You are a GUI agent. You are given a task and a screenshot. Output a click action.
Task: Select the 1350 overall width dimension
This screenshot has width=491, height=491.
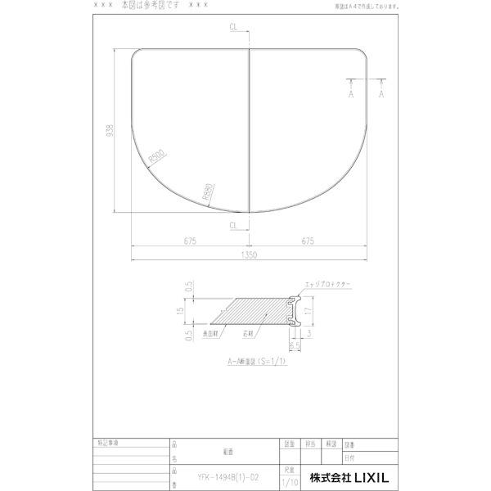(x=250, y=255)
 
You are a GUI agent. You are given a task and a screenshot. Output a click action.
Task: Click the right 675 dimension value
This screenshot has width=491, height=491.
(x=309, y=241)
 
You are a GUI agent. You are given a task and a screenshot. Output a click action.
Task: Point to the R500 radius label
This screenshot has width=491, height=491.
(x=157, y=158)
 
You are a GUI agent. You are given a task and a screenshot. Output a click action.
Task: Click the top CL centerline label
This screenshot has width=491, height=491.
(x=235, y=28)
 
